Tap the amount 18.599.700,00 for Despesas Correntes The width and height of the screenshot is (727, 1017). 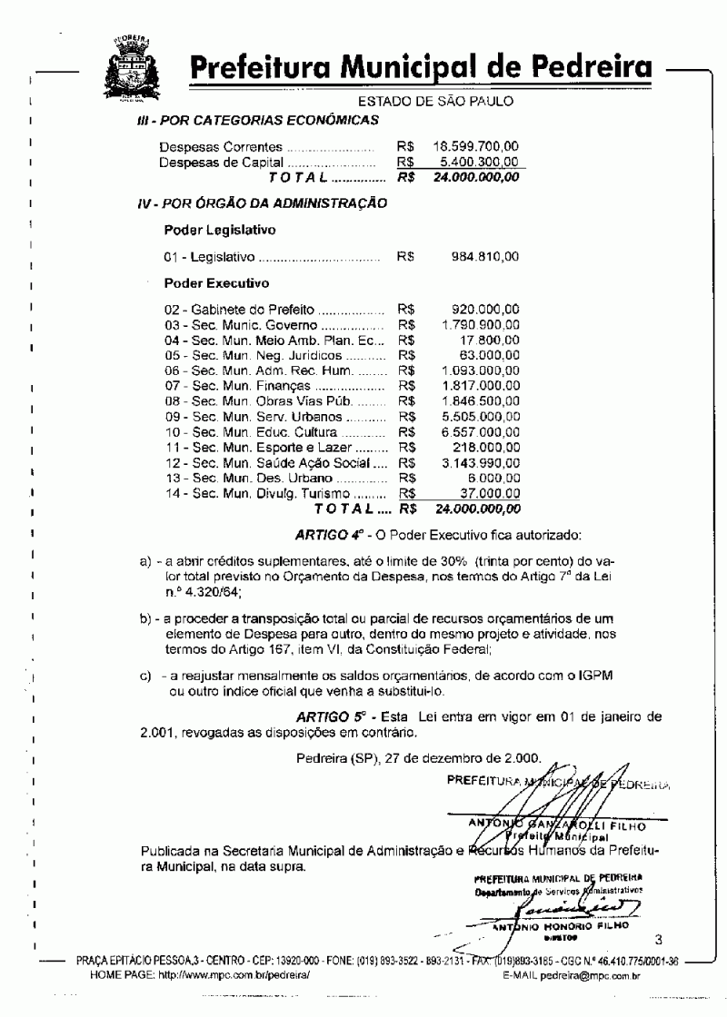point(476,145)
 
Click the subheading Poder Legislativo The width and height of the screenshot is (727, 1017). point(221,230)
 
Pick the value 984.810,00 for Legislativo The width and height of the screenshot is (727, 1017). point(485,257)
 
